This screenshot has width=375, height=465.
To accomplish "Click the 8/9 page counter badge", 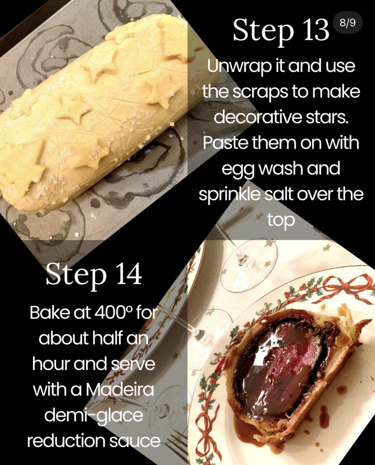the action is [348, 22].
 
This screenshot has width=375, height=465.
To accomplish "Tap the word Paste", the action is [225, 143].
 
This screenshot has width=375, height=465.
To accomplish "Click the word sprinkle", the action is [230, 194].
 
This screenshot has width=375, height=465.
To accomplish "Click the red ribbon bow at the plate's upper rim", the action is [350, 285].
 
